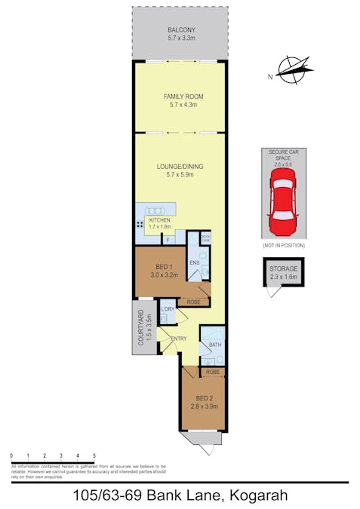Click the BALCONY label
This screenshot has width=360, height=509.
[x=180, y=30]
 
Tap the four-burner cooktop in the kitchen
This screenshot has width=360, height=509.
[x=140, y=225]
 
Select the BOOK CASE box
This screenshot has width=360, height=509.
[x=205, y=238]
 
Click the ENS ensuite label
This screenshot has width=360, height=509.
[x=194, y=262]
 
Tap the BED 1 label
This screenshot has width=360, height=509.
[x=165, y=267]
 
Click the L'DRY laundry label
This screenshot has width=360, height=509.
[x=168, y=311]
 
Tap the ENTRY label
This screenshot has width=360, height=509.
[x=178, y=338]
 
